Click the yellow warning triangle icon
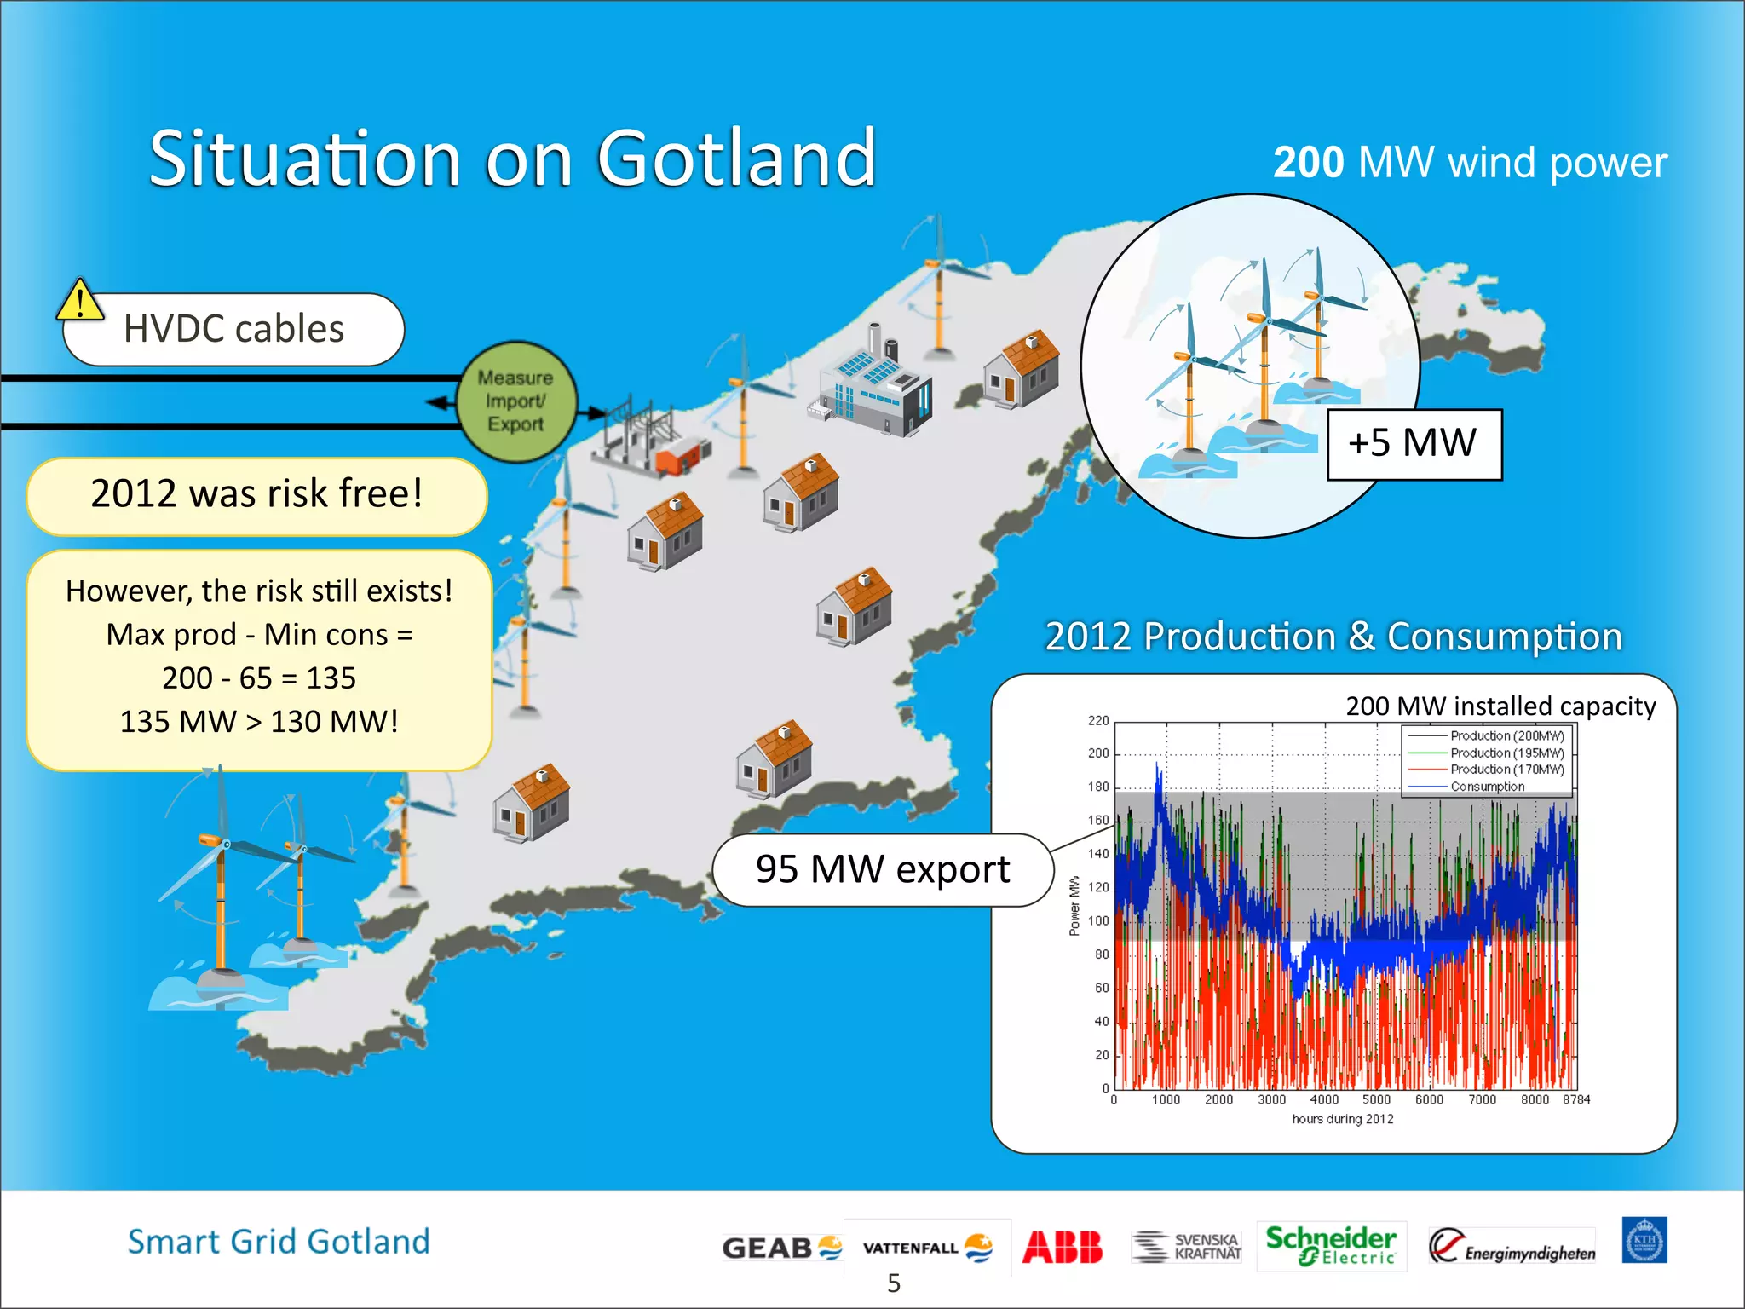[79, 301]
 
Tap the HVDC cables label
[233, 329]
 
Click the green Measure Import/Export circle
[515, 401]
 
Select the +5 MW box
[1414, 444]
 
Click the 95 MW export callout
[883, 870]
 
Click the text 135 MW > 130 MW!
[259, 722]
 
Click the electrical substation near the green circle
[648, 439]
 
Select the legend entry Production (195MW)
[1506, 753]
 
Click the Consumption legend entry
[1487, 787]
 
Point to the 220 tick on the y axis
[1097, 721]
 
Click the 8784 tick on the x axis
[1575, 1100]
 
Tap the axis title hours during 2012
[1342, 1119]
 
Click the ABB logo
[1062, 1247]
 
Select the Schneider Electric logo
[1330, 1245]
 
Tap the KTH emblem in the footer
[1644, 1241]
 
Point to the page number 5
[893, 1283]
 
